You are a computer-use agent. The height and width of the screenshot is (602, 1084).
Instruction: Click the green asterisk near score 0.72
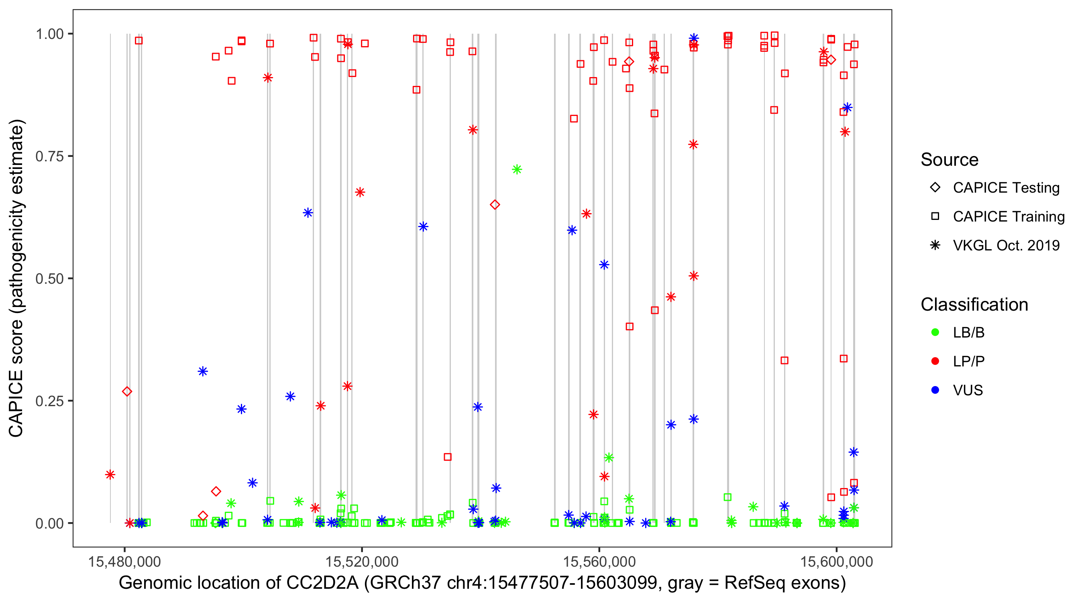517,169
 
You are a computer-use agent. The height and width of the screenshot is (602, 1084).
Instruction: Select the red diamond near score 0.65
495,205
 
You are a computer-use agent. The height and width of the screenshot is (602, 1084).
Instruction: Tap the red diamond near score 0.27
127,392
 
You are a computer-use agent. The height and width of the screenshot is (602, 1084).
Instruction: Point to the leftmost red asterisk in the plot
110,474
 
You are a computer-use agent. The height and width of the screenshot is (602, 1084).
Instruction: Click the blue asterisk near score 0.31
203,372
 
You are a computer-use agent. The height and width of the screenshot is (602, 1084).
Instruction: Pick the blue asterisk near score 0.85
847,108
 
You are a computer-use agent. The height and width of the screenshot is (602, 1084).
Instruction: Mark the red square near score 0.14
448,457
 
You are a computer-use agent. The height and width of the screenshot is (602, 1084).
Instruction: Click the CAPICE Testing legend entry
1006,188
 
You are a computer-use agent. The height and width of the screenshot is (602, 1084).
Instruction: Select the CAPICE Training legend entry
1008,217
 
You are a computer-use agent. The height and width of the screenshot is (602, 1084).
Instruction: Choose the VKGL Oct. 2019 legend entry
1006,246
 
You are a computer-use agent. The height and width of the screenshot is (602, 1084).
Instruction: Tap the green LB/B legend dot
935,332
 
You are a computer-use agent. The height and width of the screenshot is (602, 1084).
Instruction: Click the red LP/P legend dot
935,361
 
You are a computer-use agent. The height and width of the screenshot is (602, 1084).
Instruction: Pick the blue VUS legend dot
935,390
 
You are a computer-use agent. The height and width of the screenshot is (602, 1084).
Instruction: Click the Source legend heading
950,160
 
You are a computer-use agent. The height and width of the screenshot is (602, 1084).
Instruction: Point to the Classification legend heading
974,305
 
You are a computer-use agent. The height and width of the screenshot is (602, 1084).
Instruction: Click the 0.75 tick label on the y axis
49,157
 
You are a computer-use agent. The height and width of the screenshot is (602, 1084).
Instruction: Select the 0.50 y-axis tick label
49,279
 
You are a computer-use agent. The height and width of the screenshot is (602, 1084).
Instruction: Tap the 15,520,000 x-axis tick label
362,561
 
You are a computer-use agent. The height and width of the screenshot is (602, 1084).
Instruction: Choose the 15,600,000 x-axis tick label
837,561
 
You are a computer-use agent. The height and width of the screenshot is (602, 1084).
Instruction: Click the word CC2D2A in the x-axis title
322,583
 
